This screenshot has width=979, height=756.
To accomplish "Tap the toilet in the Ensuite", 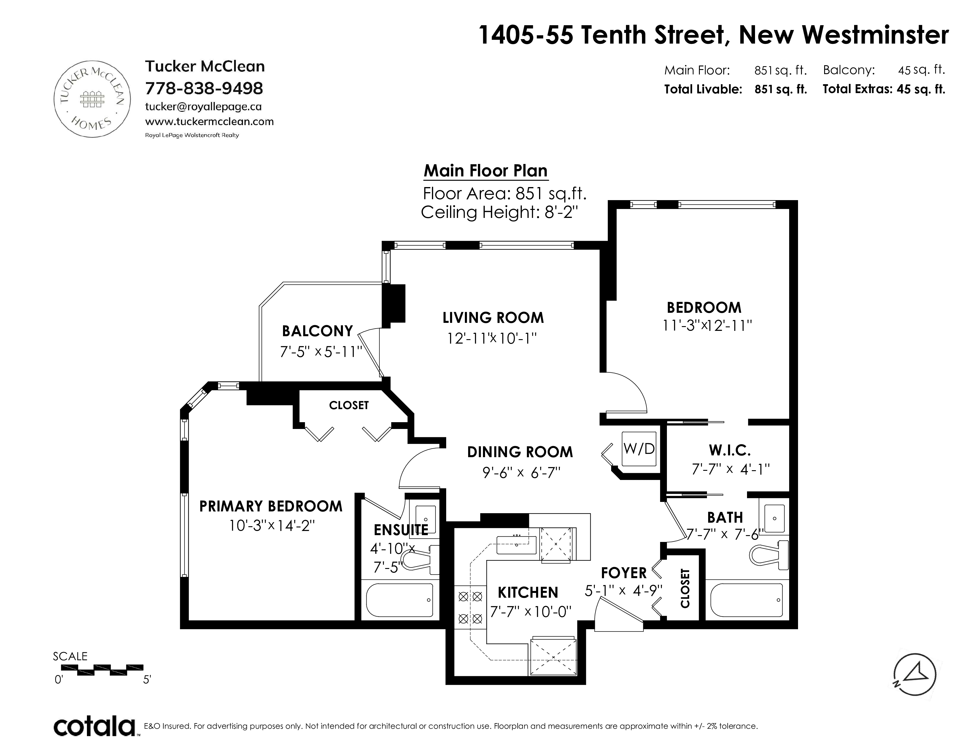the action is coord(419,559).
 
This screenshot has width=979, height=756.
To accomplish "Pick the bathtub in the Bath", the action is coord(747,600).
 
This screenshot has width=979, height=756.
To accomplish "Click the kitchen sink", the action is coord(516,544).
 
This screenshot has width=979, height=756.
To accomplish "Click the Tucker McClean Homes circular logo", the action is coord(92,98).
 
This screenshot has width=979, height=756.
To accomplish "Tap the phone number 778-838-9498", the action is coord(204,88).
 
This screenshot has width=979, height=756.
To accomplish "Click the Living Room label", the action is coord(493,318).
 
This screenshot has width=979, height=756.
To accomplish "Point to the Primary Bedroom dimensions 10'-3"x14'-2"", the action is coord(272,525).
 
